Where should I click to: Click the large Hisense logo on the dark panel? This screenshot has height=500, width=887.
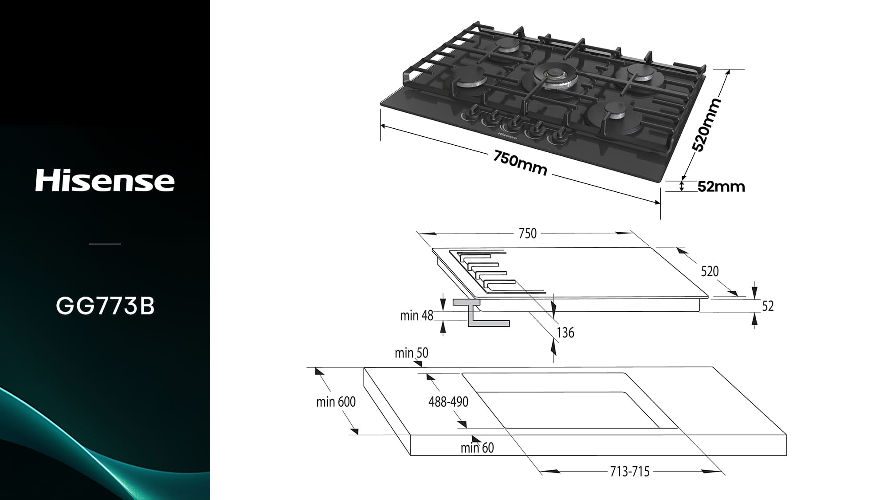[x=105, y=181]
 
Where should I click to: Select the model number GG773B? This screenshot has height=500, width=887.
[x=105, y=306]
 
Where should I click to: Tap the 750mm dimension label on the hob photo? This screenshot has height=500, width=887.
[x=520, y=163]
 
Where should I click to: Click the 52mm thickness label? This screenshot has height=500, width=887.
[x=721, y=187]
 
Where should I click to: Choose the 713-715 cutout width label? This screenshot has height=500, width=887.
[x=630, y=472]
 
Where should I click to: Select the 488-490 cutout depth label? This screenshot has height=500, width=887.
[x=448, y=402]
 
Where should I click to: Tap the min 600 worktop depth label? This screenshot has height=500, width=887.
[x=336, y=402]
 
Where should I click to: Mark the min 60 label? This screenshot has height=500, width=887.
[x=477, y=448]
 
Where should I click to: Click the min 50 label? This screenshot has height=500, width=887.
[x=412, y=353]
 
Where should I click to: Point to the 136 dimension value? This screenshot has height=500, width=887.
[x=565, y=333]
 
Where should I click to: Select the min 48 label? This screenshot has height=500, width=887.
[x=416, y=316]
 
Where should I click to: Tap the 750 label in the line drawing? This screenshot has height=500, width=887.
[x=528, y=234]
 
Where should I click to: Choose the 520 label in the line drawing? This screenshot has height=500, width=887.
[x=710, y=271]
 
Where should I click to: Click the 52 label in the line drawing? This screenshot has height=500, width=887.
[x=768, y=306]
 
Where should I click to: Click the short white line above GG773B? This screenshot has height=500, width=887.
[x=105, y=244]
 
